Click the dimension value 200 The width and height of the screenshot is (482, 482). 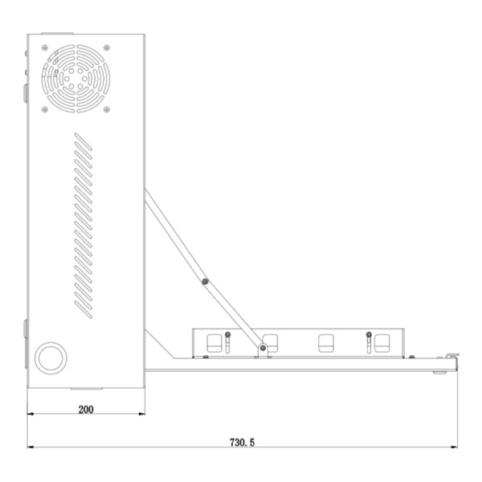coord(86,409)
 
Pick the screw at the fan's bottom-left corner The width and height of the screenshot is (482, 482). coord(44,109)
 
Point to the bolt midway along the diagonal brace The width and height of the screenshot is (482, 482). coord(206,281)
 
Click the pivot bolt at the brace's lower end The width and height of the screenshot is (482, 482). coord(262,348)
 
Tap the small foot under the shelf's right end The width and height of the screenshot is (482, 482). coord(439,372)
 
